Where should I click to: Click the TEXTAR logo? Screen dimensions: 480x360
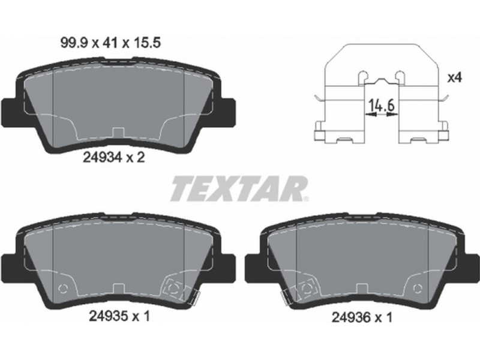point(239,188)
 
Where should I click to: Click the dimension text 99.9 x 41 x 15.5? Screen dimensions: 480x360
point(111,43)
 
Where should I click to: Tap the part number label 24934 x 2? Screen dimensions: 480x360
point(114,158)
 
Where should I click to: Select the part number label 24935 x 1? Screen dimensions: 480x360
point(119,316)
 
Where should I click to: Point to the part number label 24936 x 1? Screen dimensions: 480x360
point(362,317)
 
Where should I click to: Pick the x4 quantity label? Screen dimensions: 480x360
point(454,78)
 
